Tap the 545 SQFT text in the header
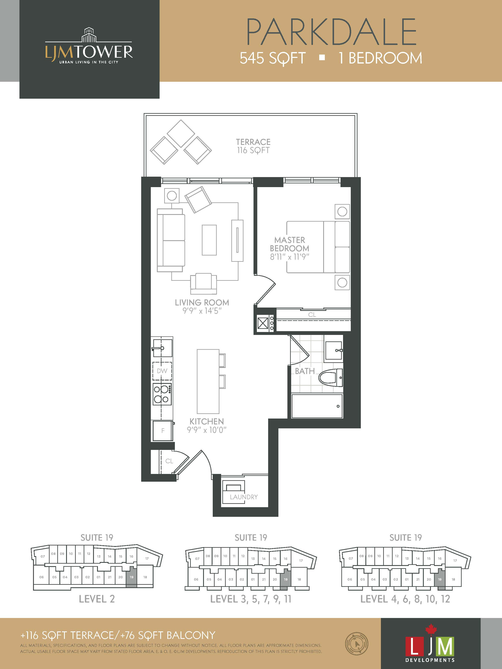(273, 58)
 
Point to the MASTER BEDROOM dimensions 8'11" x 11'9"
(289, 257)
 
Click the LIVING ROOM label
(202, 303)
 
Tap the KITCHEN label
(207, 421)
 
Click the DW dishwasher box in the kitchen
(162, 371)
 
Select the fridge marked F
(163, 430)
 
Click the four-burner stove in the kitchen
(162, 394)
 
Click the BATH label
(305, 371)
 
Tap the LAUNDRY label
(244, 497)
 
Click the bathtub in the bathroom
(317, 406)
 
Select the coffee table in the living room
(209, 240)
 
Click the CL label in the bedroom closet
(312, 315)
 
